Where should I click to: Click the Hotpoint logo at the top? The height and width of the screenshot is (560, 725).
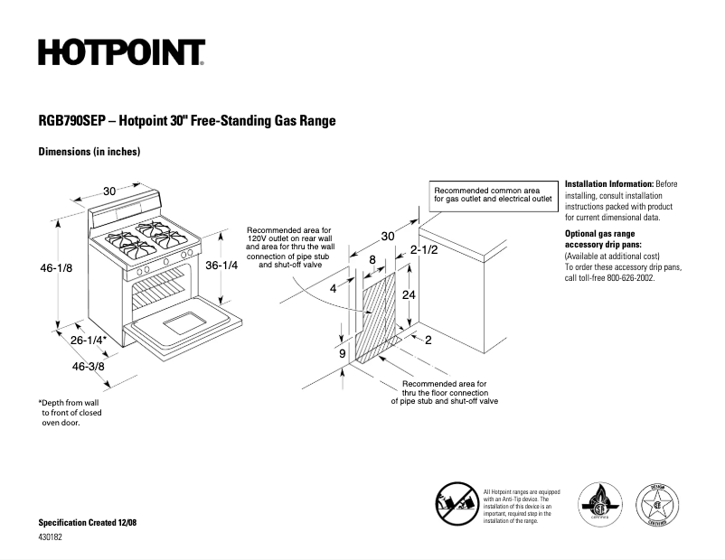point(121,53)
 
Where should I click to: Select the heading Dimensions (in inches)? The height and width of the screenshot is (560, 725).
point(89,152)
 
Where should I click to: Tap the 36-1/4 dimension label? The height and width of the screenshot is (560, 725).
point(221,266)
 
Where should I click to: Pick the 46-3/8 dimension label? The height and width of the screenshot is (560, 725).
point(89,367)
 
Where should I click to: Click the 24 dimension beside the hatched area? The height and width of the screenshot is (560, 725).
point(409,294)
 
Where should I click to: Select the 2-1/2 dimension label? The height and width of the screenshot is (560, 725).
point(424,249)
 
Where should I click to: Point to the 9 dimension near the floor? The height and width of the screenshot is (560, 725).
point(343,354)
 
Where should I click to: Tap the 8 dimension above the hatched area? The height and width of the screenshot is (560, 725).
point(372,259)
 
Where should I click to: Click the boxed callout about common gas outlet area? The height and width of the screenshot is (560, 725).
point(492,195)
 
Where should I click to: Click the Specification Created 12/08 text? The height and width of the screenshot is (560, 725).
point(89,524)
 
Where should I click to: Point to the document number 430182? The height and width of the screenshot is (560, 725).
point(52,538)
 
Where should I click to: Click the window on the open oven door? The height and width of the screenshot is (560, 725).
point(184,321)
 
